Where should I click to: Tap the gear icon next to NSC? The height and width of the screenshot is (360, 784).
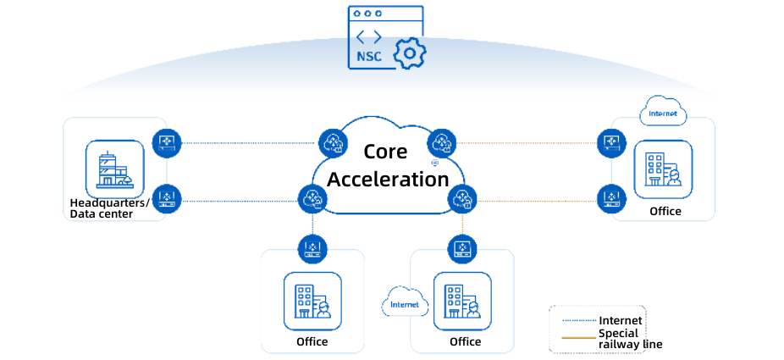(410, 53)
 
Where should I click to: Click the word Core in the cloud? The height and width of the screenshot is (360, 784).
(385, 152)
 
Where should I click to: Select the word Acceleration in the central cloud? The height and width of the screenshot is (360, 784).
(388, 180)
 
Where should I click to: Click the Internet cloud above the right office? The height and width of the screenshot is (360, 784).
(663, 113)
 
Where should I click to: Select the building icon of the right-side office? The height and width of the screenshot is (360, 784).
(663, 169)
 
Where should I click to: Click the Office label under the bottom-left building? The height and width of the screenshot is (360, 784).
(312, 342)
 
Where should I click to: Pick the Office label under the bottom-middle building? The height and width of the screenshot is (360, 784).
(465, 342)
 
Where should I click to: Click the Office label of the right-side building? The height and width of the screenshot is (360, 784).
(665, 211)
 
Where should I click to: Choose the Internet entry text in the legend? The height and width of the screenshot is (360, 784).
(621, 320)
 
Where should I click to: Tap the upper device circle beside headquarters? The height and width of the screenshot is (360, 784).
(167, 142)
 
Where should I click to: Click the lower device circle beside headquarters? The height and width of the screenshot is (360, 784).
(167, 200)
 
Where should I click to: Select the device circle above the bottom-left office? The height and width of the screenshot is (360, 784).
(312, 248)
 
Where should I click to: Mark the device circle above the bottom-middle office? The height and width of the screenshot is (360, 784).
(461, 248)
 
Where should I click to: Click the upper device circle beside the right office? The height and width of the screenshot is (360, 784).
(610, 142)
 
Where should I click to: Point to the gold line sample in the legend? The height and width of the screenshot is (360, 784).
(579, 338)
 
